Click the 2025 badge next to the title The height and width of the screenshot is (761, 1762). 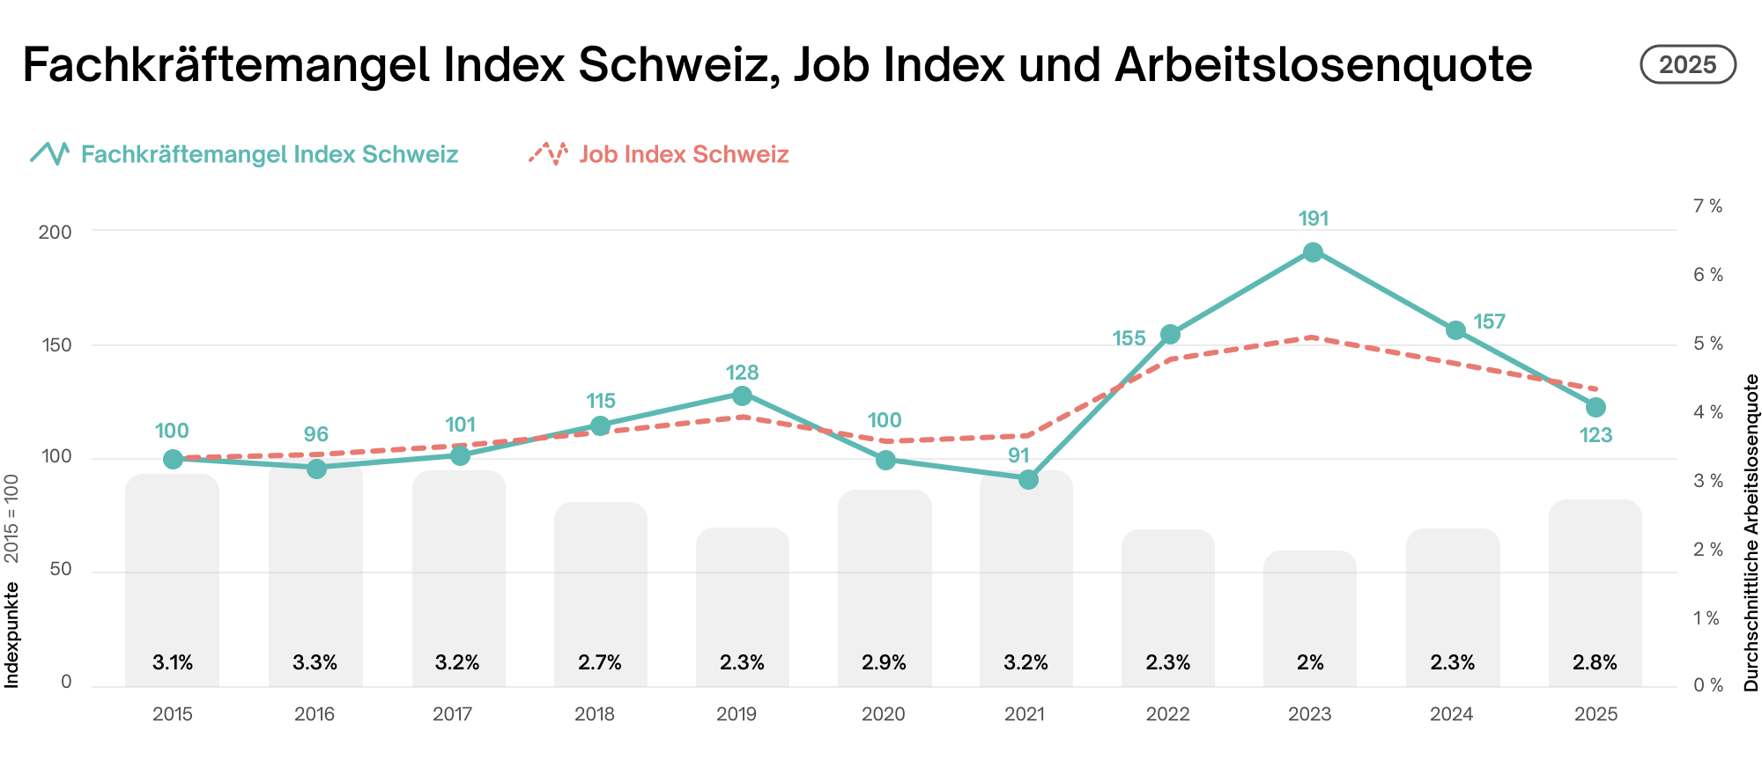pos(1687,65)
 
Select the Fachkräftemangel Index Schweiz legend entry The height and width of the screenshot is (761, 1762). pos(269,154)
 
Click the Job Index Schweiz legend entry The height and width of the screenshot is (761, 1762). pos(684,154)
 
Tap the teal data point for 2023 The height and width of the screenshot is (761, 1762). pos(1313,253)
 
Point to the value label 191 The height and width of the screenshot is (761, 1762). pos(1313,218)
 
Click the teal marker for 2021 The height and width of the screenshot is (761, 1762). pos(1028,479)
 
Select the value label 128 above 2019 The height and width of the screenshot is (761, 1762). pos(742,373)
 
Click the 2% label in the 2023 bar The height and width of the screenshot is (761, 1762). pos(1310,662)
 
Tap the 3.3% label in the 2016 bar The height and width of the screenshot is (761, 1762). pos(315,662)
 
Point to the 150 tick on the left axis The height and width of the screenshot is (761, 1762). pos(57,344)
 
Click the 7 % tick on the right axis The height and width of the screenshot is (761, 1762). pos(1707,206)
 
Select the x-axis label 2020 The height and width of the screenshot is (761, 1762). pos(884,714)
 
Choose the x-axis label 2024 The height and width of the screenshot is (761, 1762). pos(1452,714)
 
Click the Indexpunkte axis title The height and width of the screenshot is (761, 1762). pos(12,634)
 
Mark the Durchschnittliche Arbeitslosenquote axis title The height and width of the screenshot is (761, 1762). pos(1751,532)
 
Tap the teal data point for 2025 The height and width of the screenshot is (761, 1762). pos(1595,407)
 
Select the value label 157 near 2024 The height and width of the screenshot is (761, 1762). pos(1489,321)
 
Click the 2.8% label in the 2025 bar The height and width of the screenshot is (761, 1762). pos(1595,662)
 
